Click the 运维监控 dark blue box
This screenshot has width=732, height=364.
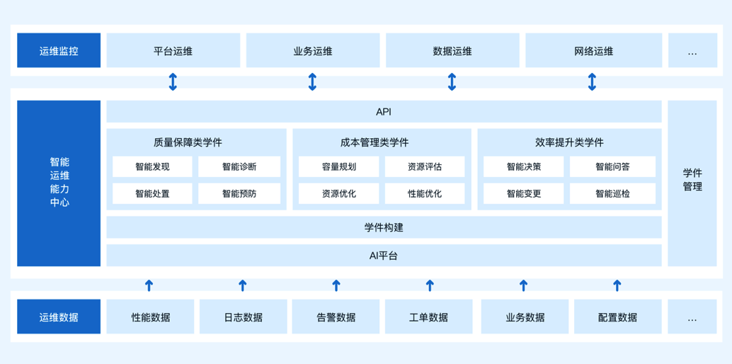coord(59,51)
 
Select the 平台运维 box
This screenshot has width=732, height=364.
coord(173,51)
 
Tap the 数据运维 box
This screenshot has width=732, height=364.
coord(452,51)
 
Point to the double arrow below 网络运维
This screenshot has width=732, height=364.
coord(592,82)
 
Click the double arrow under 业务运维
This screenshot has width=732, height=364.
coord(312,82)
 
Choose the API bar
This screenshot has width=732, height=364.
coord(384,112)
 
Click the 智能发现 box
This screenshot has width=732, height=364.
coord(152,167)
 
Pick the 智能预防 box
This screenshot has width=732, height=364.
coord(239,193)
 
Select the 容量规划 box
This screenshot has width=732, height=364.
coord(339,167)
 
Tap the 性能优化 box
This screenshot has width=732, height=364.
coord(425,193)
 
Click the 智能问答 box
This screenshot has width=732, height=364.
coord(612,167)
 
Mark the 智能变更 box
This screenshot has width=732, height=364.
coord(524,193)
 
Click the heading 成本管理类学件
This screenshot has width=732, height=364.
coord(374,142)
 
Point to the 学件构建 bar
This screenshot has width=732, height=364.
coord(384,227)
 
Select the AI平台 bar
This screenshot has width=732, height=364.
coord(384,256)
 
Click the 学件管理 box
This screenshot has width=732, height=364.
coord(692,180)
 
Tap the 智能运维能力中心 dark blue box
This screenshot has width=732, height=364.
coord(59,183)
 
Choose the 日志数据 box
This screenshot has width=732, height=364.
coord(243,317)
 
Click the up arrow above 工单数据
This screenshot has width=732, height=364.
coord(430,285)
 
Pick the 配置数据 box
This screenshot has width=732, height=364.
coord(617,317)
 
